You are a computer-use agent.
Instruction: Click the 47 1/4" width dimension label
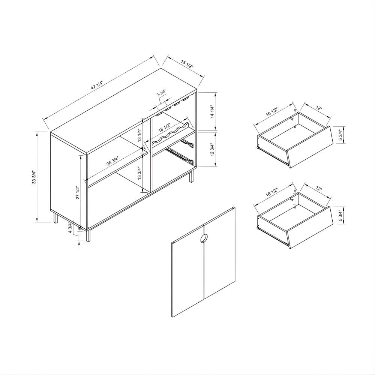coord(97,85)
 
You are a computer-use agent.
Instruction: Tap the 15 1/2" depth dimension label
coord(187,64)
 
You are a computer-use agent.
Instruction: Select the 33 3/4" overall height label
coord(33,177)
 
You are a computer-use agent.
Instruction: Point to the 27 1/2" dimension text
coord(77,192)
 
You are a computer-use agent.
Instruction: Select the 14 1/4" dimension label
coord(211,111)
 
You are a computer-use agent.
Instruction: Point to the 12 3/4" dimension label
coord(211,150)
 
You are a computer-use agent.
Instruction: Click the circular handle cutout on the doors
coord(204,238)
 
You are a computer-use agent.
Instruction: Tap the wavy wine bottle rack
coord(171,134)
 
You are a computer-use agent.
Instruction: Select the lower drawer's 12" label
coord(319,189)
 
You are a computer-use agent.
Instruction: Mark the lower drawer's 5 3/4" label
coord(340,215)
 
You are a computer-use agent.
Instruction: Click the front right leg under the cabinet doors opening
coord(88,236)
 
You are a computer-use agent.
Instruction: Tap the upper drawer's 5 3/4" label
coord(340,135)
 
